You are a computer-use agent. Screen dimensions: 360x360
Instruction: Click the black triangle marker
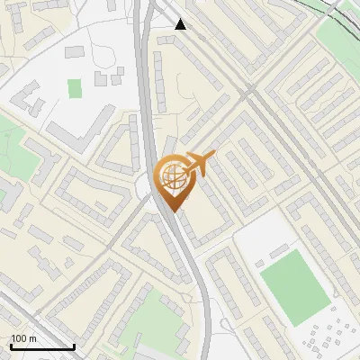click(181, 24)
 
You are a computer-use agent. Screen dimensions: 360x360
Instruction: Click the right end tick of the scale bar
click(74, 346)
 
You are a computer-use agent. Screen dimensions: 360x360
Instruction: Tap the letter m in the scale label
click(32, 338)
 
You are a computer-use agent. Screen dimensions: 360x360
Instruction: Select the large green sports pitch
click(296, 286)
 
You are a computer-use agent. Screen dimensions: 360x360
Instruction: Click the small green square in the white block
click(74, 87)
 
